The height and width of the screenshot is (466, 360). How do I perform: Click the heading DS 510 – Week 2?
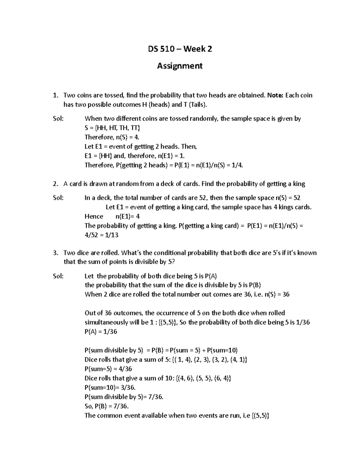(180, 49)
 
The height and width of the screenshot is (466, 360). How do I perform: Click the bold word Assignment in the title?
(180, 66)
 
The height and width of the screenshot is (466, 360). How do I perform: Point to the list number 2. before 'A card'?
(55, 184)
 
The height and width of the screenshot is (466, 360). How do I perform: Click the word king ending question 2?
(298, 184)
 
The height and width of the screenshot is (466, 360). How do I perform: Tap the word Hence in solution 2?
(94, 216)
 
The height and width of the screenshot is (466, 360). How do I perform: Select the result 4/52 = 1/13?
(102, 235)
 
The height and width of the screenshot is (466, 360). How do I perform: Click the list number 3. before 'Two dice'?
(55, 253)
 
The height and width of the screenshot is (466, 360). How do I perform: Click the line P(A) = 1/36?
(101, 332)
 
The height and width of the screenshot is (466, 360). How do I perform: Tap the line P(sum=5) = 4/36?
(108, 369)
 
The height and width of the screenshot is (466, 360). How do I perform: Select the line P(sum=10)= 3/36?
(108, 387)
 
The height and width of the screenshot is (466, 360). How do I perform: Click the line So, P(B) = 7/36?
(106, 406)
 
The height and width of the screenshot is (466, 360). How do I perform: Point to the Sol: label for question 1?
(58, 119)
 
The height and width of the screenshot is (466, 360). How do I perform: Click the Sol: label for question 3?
(58, 276)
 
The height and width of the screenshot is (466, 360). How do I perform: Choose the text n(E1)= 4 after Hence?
(127, 216)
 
